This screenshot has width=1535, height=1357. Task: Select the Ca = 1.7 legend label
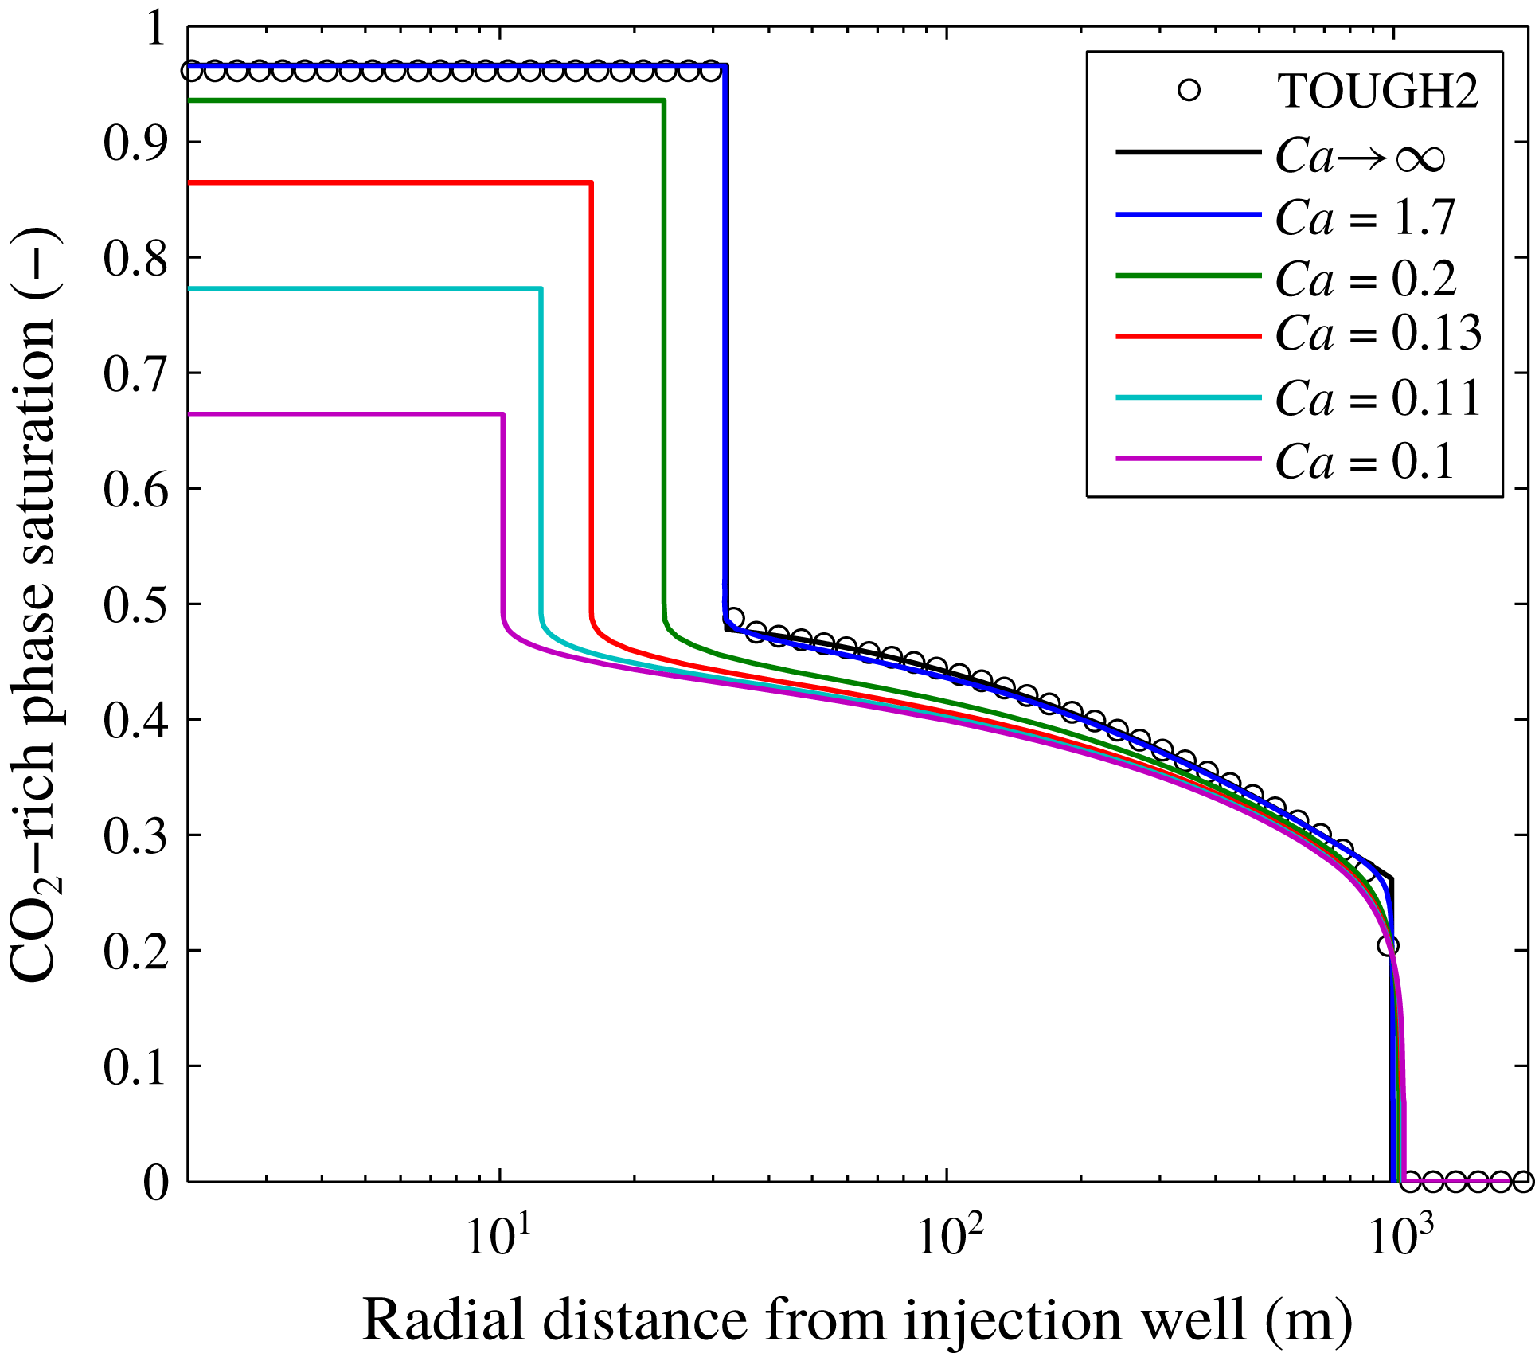point(1365,217)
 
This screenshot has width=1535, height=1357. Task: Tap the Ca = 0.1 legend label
point(1364,462)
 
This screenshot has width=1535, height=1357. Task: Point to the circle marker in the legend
point(1189,90)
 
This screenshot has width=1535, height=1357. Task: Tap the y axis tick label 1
point(155,29)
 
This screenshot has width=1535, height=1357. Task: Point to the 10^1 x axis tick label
point(498,1237)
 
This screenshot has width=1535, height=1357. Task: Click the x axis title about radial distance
point(857,1320)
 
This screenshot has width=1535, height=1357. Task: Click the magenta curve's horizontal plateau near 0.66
point(342,414)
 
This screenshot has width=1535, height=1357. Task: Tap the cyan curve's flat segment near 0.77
point(358,288)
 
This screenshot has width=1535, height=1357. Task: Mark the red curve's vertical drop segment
point(591,398)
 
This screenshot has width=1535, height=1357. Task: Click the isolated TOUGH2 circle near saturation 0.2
point(1389,946)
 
